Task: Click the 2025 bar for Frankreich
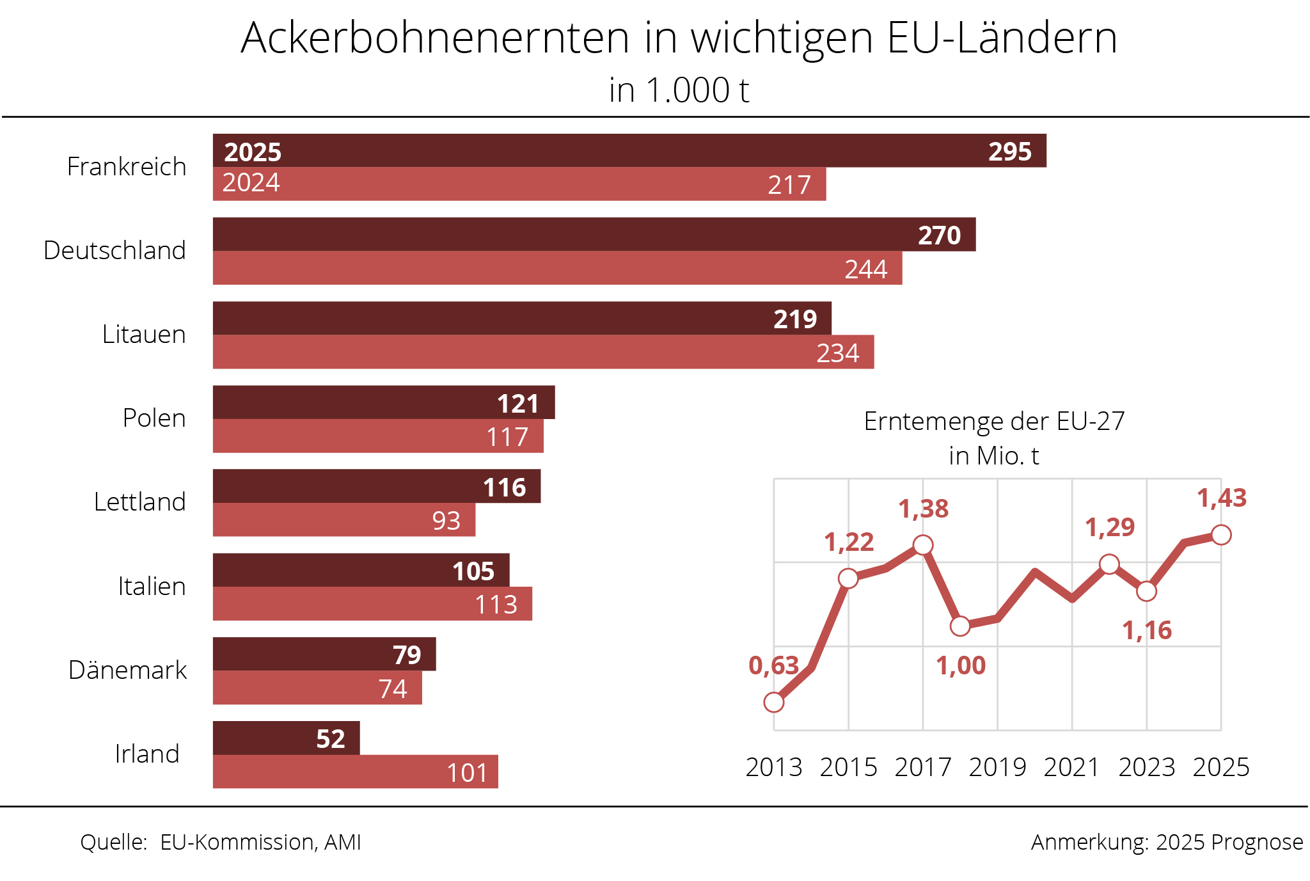coord(629,151)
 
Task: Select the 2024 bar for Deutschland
coord(556,268)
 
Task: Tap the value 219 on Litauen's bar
coord(795,319)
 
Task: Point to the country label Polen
coord(154,418)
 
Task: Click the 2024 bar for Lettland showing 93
coord(343,520)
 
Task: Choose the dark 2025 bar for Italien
coord(361,570)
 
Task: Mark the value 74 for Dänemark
coord(393,688)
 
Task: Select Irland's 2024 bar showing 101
coord(355,772)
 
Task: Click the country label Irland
coord(147,754)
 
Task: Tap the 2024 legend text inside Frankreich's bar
coord(251,183)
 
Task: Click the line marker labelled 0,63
coord(774,702)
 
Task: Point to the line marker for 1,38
coord(923,545)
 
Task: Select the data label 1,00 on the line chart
coord(961,666)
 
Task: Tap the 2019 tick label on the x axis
coord(997,767)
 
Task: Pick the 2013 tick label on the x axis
coord(774,767)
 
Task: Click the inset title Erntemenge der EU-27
coord(994,422)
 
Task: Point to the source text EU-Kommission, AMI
coord(260,843)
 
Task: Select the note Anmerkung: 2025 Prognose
coord(1167,843)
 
